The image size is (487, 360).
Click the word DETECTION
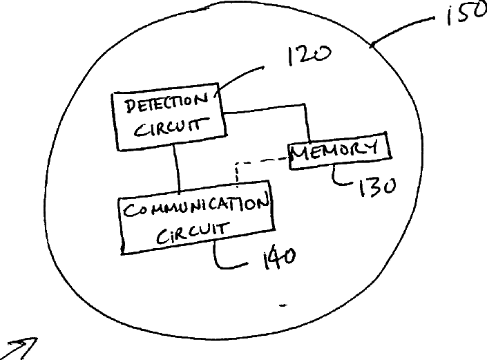click(x=166, y=104)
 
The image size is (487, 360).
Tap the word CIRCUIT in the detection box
click(x=166, y=128)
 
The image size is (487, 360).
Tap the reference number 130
click(x=374, y=186)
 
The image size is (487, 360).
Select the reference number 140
click(x=278, y=258)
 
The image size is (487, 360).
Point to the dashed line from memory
click(x=259, y=163)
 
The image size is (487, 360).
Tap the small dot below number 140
click(x=284, y=304)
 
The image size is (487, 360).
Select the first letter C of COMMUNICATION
click(x=129, y=209)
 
